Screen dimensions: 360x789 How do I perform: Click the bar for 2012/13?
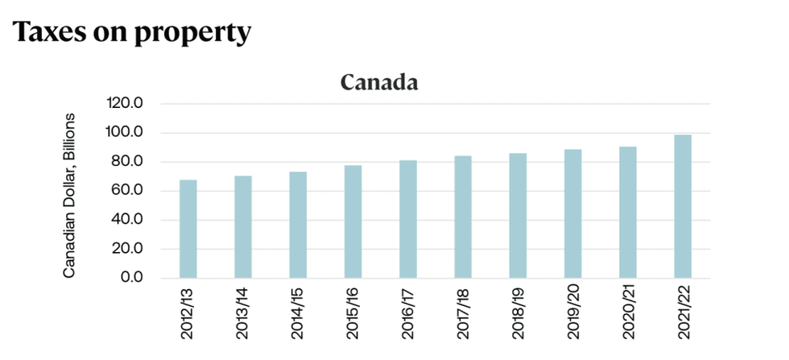pos(188,229)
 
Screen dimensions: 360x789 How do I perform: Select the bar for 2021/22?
pos(683,206)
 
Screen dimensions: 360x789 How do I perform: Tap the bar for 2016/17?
pos(408,219)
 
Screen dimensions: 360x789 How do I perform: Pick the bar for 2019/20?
pos(572,213)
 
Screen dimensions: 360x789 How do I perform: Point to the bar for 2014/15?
pos(298,225)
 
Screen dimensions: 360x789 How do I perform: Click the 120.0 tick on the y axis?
pos(124,104)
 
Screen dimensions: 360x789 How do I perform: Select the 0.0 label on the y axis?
pos(130,278)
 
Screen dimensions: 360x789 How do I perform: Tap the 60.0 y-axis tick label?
pos(127,191)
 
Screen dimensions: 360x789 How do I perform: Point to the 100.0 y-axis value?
pos(124,133)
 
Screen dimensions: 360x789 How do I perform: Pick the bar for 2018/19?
pos(518,216)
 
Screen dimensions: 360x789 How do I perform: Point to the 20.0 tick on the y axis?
pos(127,249)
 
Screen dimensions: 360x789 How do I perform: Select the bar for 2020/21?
pos(628,213)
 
